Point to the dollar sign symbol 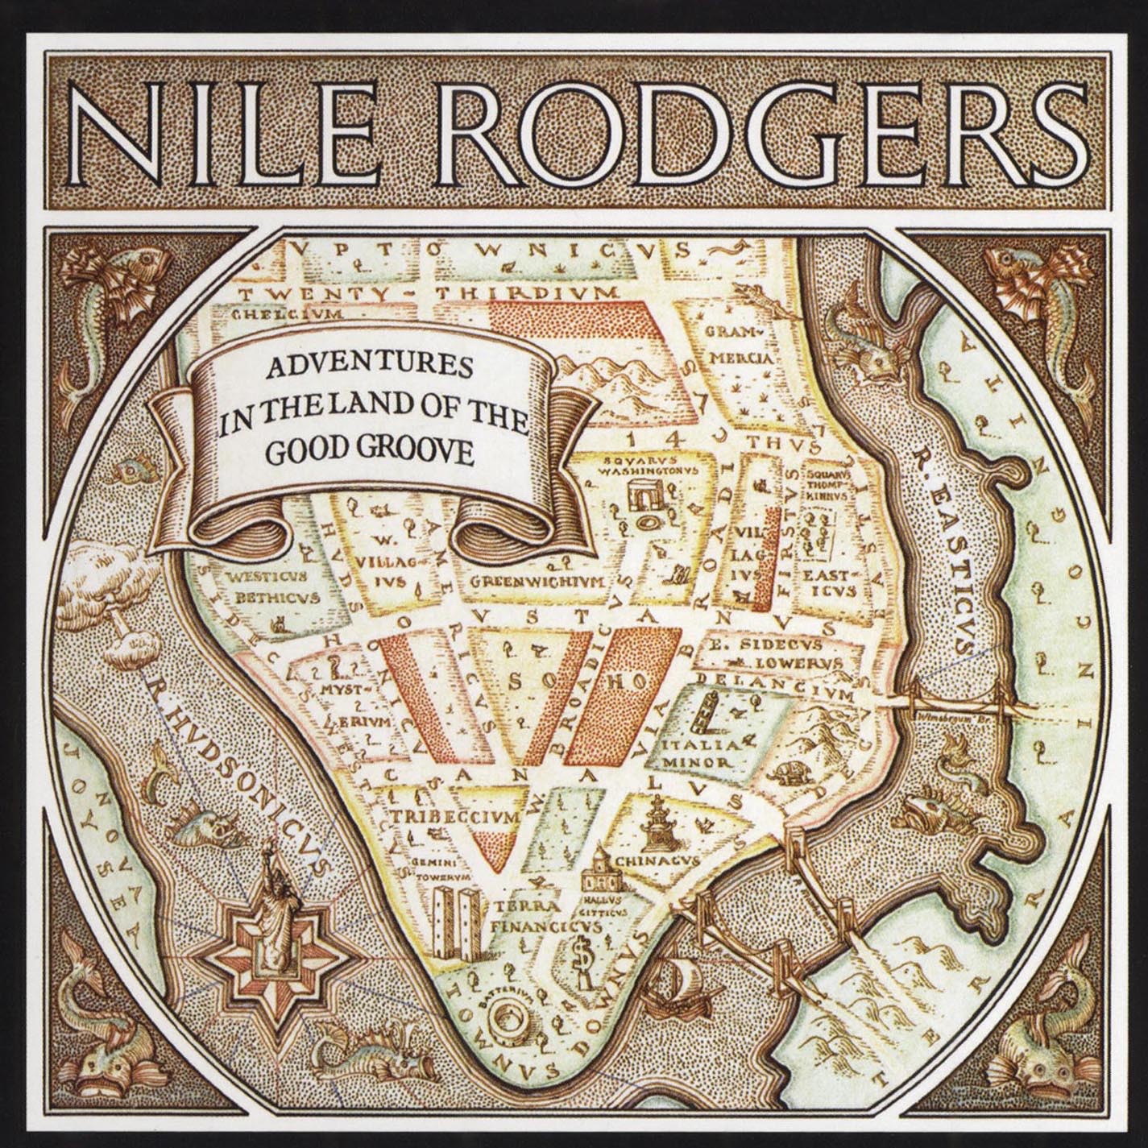(x=578, y=959)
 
